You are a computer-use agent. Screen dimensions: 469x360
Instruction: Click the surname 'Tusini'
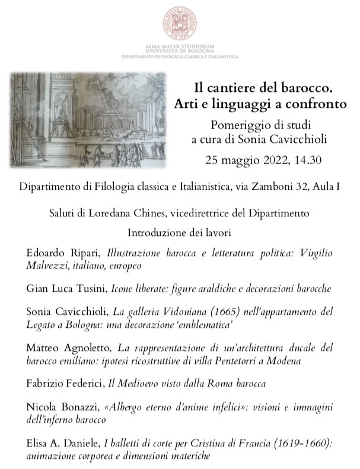coord(89,289)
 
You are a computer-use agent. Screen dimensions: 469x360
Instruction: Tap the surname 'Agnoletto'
coord(82,347)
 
